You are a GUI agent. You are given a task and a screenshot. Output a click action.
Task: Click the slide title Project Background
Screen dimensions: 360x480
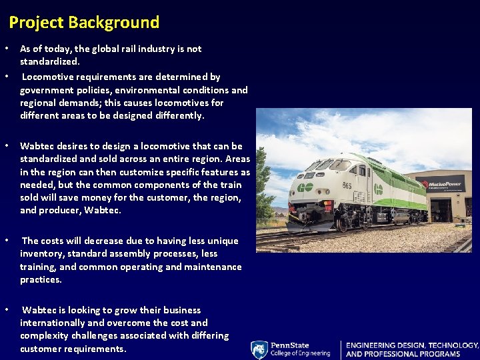[x=84, y=23]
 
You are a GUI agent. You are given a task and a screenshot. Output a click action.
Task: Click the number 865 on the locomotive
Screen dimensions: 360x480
[x=347, y=185]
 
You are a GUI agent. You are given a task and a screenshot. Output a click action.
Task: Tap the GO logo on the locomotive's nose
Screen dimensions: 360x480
[x=305, y=187]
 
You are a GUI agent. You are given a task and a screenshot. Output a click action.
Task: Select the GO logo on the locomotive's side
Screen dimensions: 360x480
[x=378, y=189]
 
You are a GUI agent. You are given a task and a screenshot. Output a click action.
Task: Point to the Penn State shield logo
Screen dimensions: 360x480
[x=259, y=350]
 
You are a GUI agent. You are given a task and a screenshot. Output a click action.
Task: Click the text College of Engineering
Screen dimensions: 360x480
[x=299, y=353]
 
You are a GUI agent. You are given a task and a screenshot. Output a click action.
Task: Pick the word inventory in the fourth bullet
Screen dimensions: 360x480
[x=41, y=253]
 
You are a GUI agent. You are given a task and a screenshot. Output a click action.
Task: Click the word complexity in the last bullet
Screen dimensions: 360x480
[x=45, y=335]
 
